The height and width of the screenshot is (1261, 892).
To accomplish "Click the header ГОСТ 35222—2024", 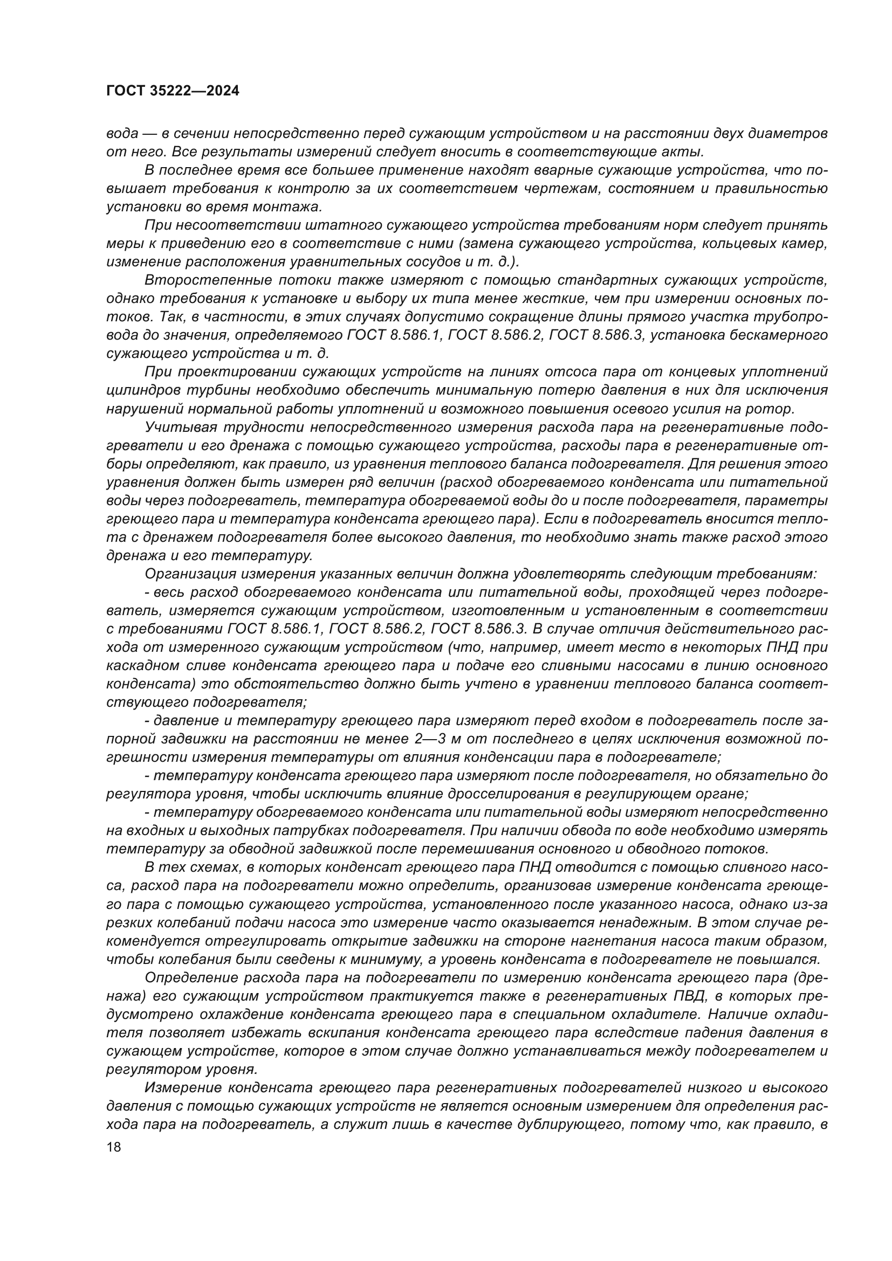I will click(173, 91).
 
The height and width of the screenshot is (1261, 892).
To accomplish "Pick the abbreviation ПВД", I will click(689, 996).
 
